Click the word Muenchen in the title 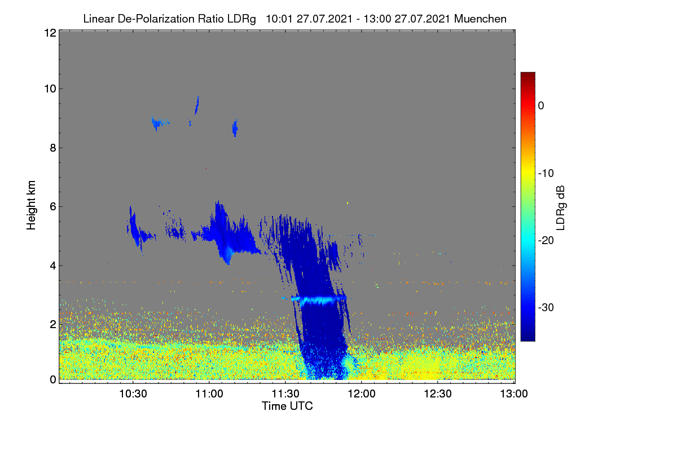click(480, 19)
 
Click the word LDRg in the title click(241, 19)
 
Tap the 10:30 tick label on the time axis click(133, 393)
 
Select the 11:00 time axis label click(209, 393)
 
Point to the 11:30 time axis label click(285, 393)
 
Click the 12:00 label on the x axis click(362, 393)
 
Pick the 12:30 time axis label click(438, 393)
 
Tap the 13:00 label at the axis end click(514, 393)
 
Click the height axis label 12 click(50, 33)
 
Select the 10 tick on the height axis click(50, 89)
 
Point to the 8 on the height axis click(53, 148)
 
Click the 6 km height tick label click(53, 207)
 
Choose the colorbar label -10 click(546, 174)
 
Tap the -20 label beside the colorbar click(546, 241)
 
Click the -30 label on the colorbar click(546, 307)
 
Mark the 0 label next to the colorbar click(541, 106)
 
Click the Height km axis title click(31, 205)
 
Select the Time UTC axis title click(287, 406)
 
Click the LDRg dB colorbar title click(561, 208)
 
